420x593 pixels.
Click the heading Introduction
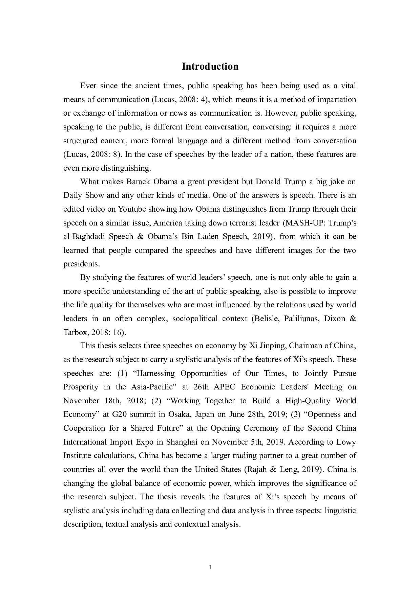coord(210,66)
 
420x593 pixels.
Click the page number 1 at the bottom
coord(210,567)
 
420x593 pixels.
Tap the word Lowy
coord(346,442)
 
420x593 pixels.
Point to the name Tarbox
coord(75,332)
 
